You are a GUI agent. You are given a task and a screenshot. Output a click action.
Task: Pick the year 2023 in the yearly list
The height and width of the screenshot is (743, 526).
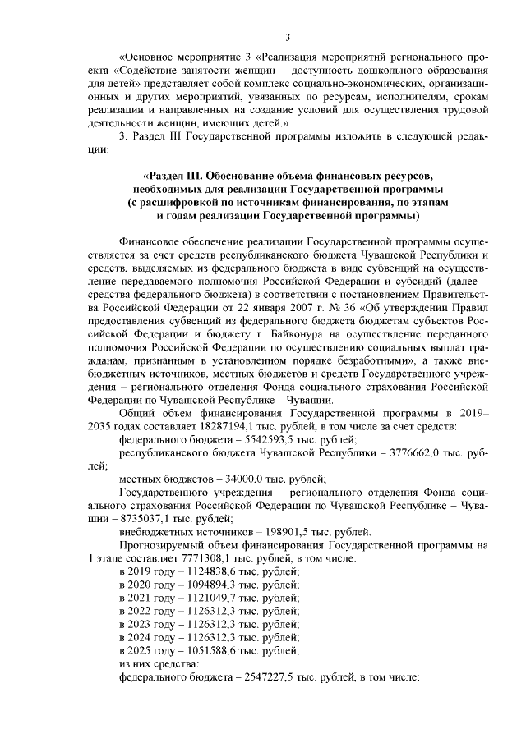(145, 624)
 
